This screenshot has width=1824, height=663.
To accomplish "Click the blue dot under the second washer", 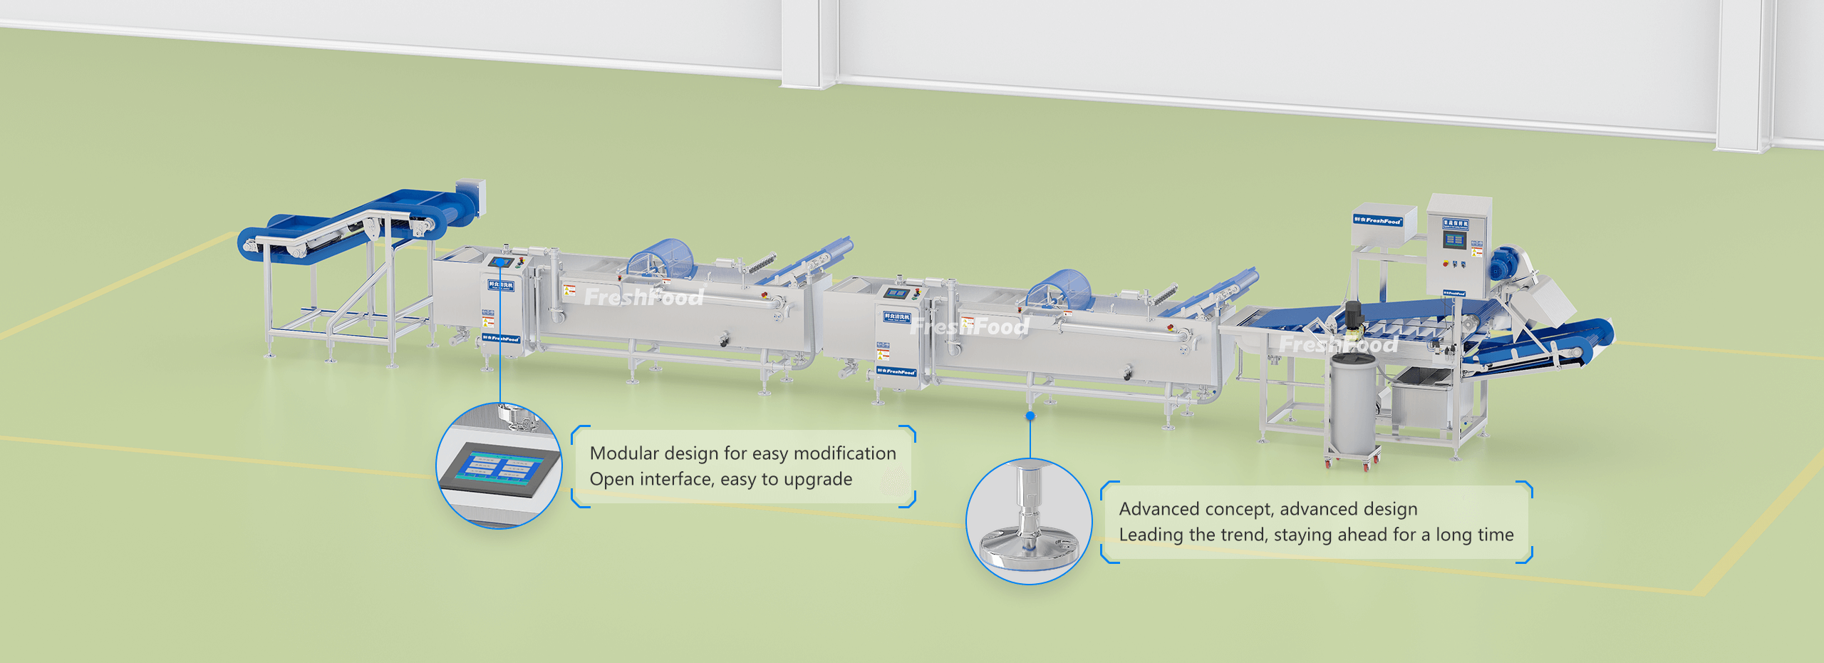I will pos(1030,416).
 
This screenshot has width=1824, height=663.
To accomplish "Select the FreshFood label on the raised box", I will pos(1378,220).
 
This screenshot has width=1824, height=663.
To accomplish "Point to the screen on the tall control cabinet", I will pos(1454,241).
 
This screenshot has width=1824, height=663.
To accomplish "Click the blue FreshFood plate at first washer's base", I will pos(501,339).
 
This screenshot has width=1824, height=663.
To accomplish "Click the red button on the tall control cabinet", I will pos(1446,264).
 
